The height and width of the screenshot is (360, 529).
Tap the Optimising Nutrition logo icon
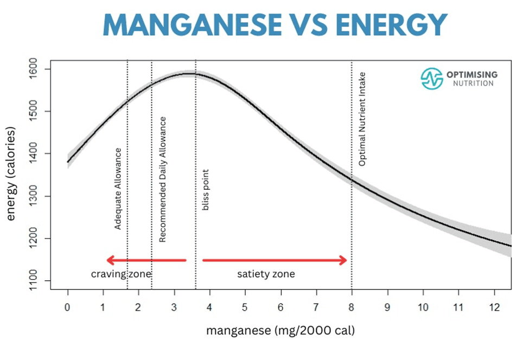pos(432,79)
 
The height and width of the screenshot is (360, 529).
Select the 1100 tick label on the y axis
pos(39,281)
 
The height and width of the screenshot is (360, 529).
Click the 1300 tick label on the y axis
pos(39,196)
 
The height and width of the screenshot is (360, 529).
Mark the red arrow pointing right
pos(275,261)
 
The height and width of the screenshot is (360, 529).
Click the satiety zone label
pos(266,274)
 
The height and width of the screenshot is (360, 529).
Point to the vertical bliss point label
pos(206,190)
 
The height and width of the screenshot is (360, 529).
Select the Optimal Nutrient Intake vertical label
pos(362,119)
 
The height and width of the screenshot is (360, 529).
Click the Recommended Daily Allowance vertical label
pos(162,179)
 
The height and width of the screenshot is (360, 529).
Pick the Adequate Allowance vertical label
pos(118,188)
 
